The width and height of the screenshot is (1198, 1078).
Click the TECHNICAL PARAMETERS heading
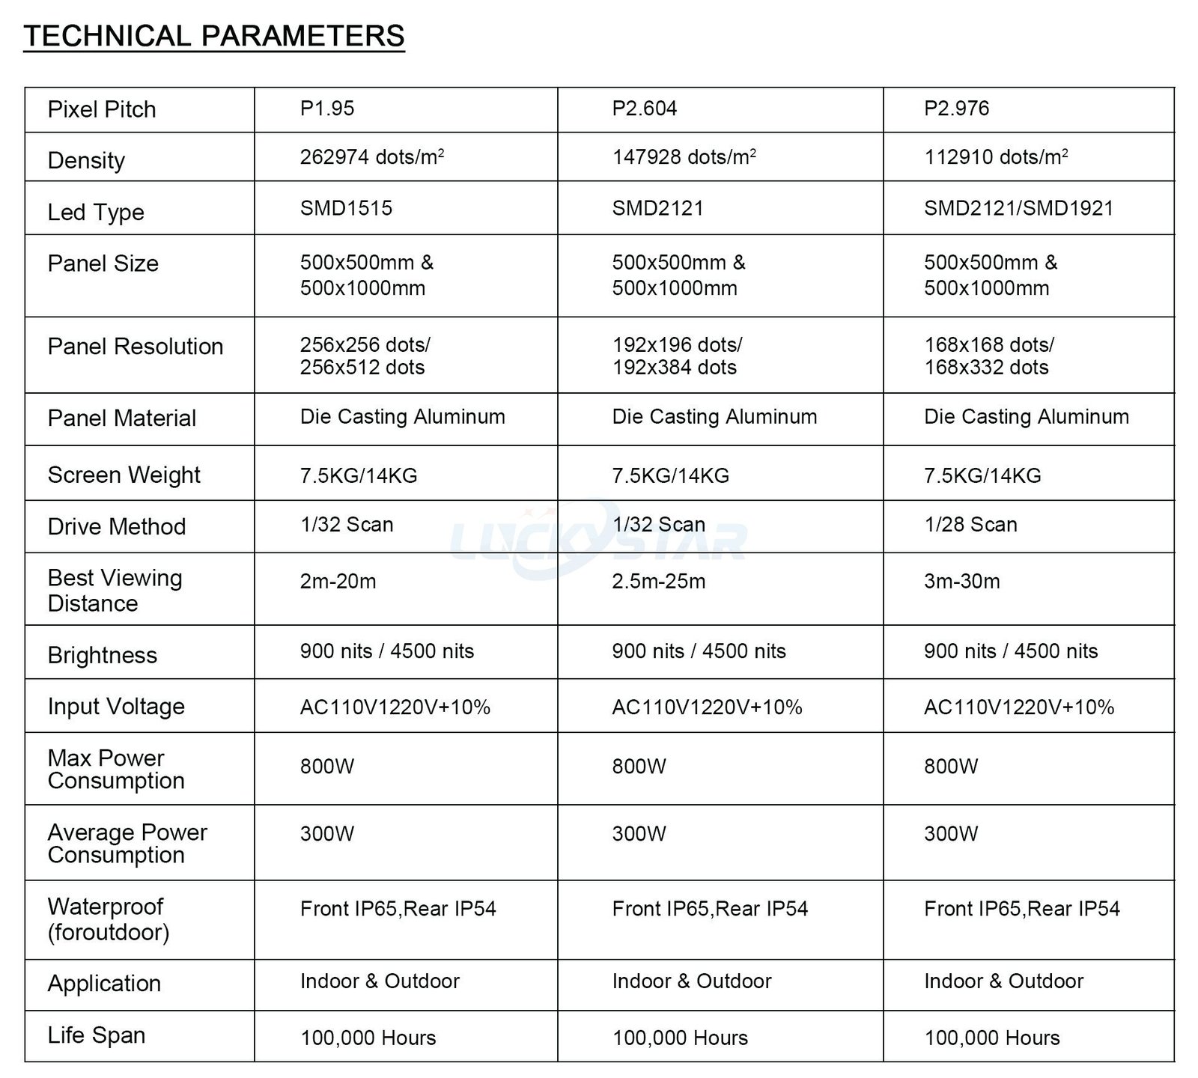[x=214, y=36]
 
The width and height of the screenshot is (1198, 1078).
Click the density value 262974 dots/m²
[x=372, y=157]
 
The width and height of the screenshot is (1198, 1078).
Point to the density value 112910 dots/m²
[x=996, y=157]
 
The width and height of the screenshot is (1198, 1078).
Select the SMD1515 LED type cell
[x=346, y=208]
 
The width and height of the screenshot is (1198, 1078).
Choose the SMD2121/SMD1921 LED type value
[x=1018, y=208]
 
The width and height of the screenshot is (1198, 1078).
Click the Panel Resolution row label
[x=136, y=347]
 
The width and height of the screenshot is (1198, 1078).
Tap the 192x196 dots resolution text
[x=677, y=345]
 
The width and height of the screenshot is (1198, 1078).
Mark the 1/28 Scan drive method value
[x=970, y=525]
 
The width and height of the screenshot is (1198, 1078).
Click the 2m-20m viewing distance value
[x=338, y=582]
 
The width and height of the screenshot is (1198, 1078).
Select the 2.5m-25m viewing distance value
[x=658, y=582]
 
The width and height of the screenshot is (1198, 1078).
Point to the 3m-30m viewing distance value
[x=961, y=582]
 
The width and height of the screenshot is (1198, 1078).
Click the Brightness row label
[x=103, y=656]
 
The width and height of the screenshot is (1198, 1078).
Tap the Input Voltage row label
[x=116, y=707]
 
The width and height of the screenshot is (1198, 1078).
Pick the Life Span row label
[x=97, y=1035]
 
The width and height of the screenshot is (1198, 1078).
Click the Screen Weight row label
[x=124, y=475]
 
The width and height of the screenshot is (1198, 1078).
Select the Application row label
[x=104, y=984]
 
